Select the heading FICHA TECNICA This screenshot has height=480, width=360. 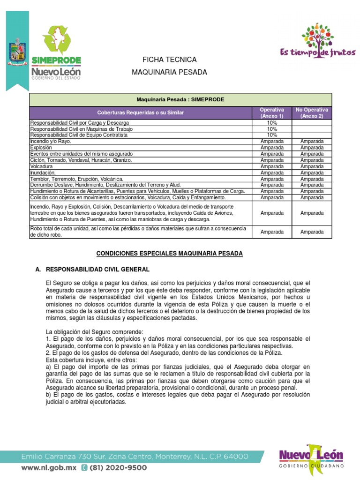pyautogui.click(x=169, y=60)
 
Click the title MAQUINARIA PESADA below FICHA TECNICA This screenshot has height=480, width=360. pyautogui.click(x=169, y=72)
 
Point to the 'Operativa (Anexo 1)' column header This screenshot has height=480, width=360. pyautogui.click(x=272, y=112)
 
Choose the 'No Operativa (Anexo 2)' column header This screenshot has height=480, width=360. pyautogui.click(x=312, y=112)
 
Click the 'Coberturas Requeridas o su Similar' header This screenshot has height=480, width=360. pyautogui.click(x=141, y=113)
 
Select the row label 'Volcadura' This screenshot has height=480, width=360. pyautogui.click(x=42, y=166)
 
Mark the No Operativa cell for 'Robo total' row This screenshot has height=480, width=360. pyautogui.click(x=312, y=232)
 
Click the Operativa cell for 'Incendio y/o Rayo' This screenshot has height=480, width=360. pyautogui.click(x=272, y=141)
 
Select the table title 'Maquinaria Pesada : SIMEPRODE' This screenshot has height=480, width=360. pyautogui.click(x=180, y=100)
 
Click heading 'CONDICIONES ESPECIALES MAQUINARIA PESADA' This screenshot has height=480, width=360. pyautogui.click(x=169, y=253)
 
